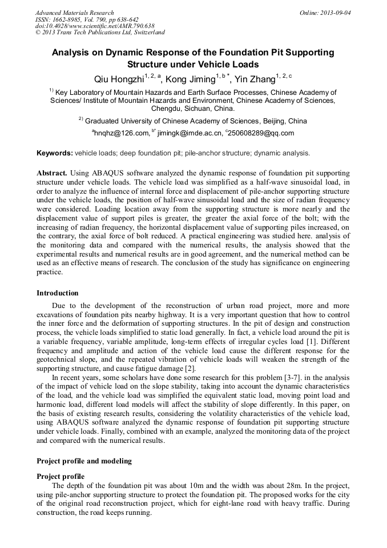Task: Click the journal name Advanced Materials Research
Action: coord(74,13)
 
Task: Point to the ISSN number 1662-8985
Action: coord(67,19)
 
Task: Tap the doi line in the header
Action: coord(95,26)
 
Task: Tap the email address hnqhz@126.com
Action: coord(120,133)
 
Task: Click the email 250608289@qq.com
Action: coord(261,133)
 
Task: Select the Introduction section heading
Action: coord(58,293)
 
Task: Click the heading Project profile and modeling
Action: coord(84,461)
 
